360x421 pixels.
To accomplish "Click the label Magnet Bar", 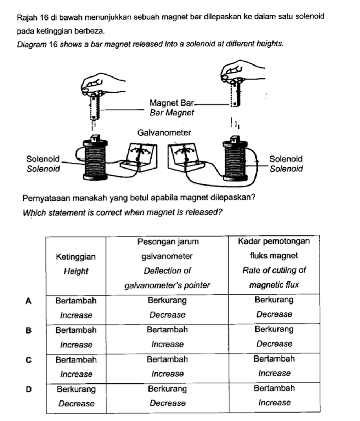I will pos(172,103).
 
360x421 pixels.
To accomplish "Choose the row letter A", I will pos(29,301).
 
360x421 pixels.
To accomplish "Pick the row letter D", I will pos(29,389).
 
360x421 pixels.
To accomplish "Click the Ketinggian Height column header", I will pos(76,264).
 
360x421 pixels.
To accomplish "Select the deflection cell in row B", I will pos(167,337).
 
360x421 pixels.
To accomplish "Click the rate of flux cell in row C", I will pos(274,366).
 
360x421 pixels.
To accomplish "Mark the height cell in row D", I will pos(76,396).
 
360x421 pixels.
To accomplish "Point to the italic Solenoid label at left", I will pos(43,169).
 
